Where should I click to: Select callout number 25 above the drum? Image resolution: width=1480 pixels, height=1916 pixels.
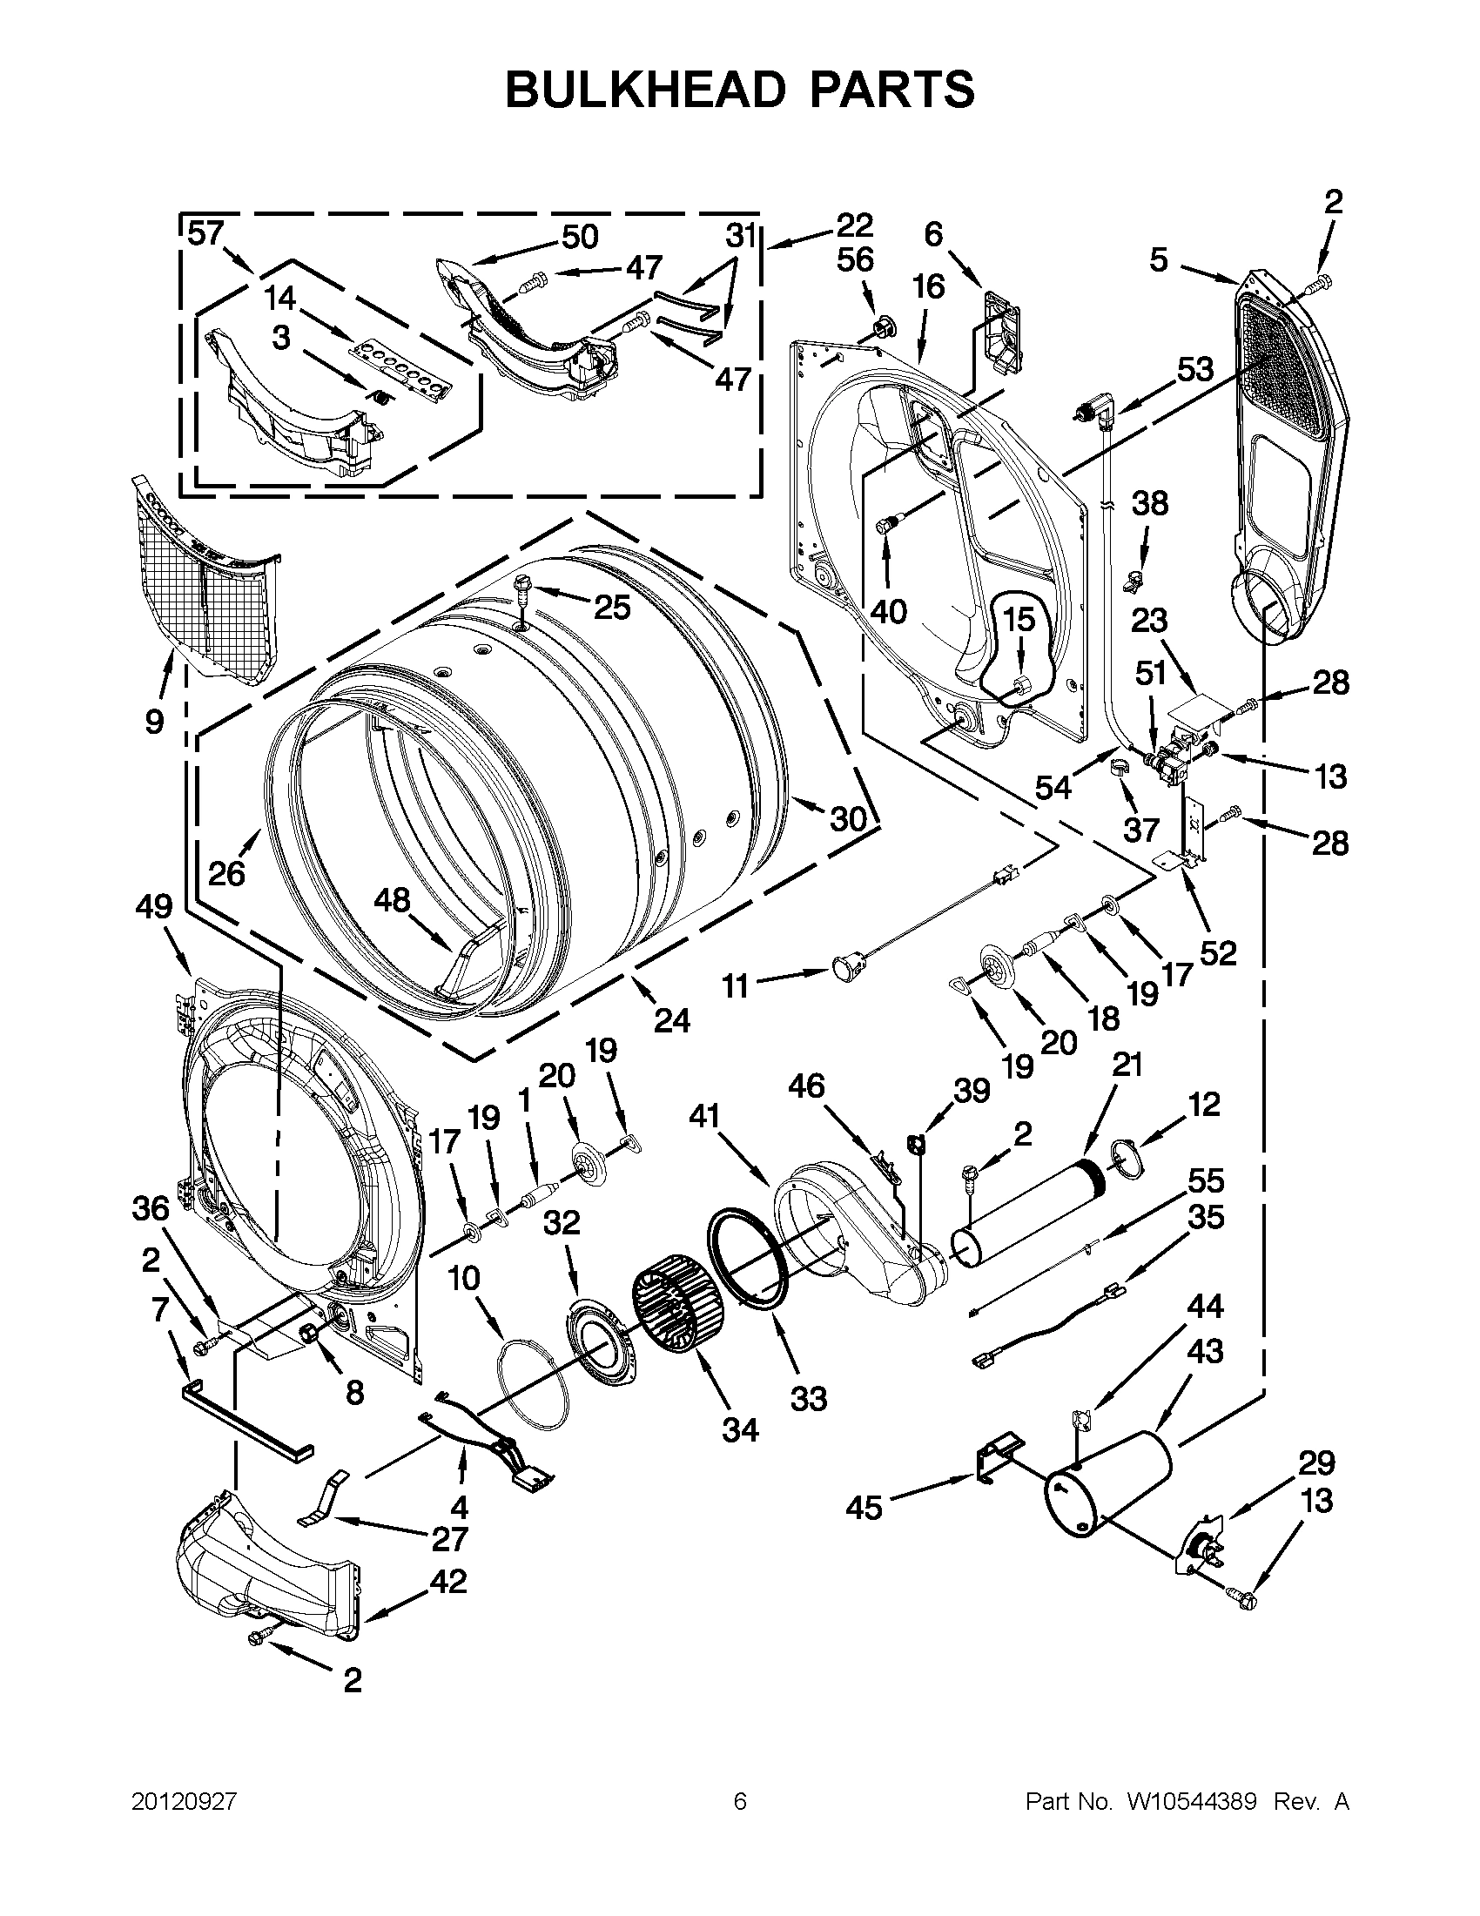(x=611, y=606)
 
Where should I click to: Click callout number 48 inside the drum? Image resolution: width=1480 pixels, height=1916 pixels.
(x=392, y=900)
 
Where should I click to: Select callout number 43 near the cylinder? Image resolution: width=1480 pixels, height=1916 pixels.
(x=1204, y=1351)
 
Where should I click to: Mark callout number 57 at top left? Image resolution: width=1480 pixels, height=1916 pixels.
(x=206, y=235)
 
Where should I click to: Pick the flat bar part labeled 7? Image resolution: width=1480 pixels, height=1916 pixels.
(x=246, y=1418)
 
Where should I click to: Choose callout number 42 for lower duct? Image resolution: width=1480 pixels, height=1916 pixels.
(x=447, y=1582)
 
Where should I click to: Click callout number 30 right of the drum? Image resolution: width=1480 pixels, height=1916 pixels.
(x=848, y=818)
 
